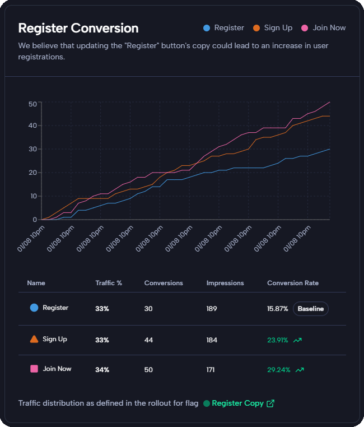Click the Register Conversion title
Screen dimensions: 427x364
coord(78,28)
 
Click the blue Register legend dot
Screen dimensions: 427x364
coord(207,27)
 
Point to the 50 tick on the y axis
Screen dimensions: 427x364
coord(32,103)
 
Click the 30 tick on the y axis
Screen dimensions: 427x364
coord(32,150)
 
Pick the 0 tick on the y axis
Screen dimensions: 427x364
coord(35,220)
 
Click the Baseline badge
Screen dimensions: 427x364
coord(311,308)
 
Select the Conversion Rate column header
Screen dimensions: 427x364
coord(293,283)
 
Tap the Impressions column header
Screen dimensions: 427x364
coord(225,283)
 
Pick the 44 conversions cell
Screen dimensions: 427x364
coord(149,340)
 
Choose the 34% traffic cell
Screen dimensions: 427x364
coord(102,370)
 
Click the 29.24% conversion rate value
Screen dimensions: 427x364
coord(278,370)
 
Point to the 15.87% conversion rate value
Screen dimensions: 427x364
coord(278,308)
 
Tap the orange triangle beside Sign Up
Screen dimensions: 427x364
coord(34,339)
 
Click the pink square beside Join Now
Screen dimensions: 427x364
coord(34,369)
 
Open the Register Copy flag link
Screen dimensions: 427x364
coord(237,403)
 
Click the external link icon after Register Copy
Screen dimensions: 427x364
coord(270,403)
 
